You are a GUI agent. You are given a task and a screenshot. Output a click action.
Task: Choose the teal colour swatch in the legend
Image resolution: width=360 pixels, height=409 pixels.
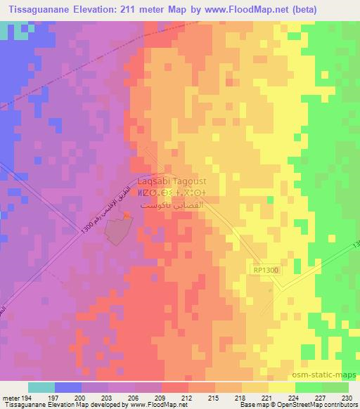pos(41,387)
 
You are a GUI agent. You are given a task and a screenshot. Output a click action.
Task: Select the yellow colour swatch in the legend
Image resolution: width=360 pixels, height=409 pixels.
pos(281,387)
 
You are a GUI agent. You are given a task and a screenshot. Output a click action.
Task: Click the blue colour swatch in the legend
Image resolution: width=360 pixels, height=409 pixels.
pos(67,387)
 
